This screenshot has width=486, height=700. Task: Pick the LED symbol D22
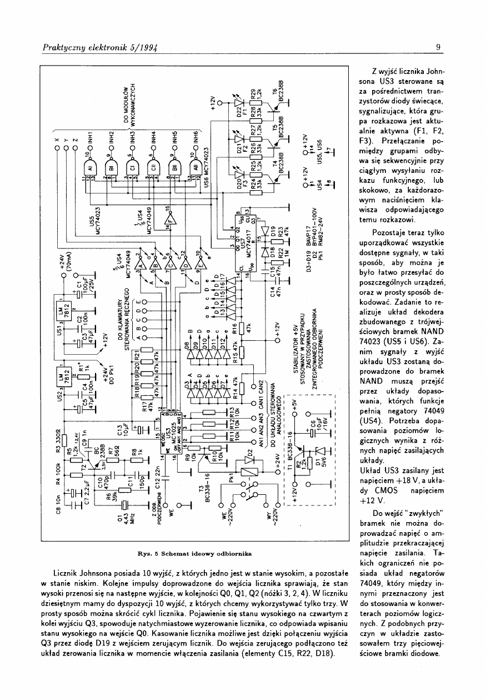click(x=240, y=105)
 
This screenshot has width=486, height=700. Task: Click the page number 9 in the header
click(x=438, y=47)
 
